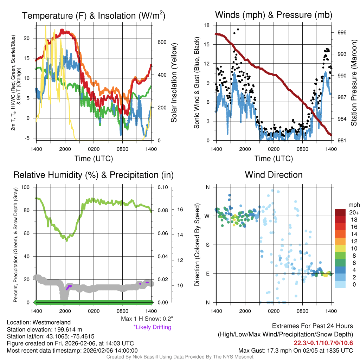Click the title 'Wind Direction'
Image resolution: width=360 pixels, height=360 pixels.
click(x=274, y=175)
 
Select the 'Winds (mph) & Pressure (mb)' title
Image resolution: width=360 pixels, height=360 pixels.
click(x=274, y=15)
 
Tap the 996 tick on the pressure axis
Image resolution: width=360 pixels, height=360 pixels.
click(x=342, y=32)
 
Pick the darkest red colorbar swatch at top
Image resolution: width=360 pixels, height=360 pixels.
click(x=340, y=212)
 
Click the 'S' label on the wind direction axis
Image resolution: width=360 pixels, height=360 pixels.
click(x=207, y=245)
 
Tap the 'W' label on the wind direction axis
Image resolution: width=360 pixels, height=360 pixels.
click(x=207, y=216)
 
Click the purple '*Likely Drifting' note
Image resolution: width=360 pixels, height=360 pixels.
click(x=152, y=327)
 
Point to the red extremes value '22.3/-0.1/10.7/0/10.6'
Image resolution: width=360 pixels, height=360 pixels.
click(x=323, y=343)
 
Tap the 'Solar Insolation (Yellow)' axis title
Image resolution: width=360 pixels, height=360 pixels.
click(x=174, y=83)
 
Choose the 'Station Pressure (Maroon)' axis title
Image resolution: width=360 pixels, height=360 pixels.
click(x=354, y=83)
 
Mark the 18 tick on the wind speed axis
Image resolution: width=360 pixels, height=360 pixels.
click(x=206, y=25)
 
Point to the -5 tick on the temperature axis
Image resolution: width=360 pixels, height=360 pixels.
click(x=28, y=138)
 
